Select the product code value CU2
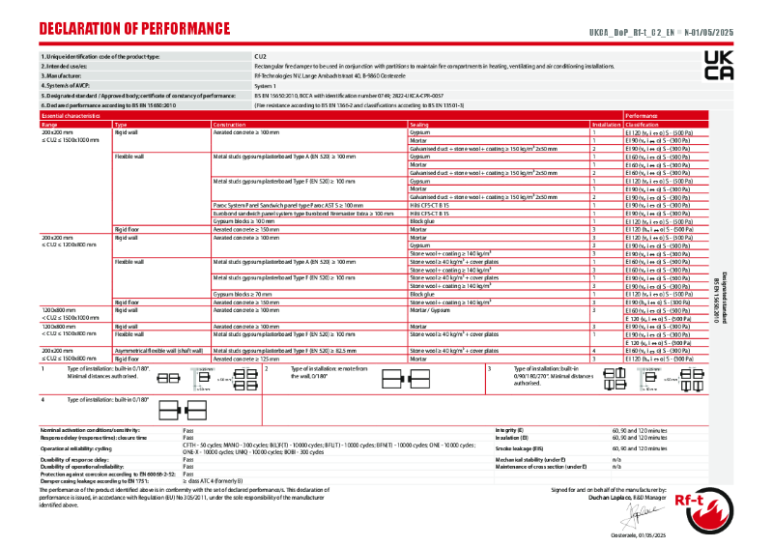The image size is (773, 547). pos(259,57)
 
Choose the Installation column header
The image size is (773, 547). pos(606,125)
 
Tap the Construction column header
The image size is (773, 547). pos(229,125)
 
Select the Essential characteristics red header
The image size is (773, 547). pos(71,115)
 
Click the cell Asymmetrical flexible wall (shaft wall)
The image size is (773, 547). pos(158,351)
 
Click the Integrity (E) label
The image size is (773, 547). pos(509,428)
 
